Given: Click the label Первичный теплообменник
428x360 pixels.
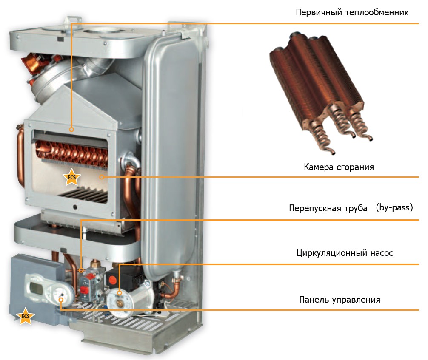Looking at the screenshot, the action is (x=352, y=13).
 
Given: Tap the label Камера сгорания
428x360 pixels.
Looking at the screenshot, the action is (x=339, y=167).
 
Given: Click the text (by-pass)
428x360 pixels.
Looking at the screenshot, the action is (x=394, y=208).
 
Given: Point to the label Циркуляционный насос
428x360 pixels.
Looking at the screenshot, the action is (x=345, y=253).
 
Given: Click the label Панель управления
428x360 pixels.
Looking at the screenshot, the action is (x=340, y=300).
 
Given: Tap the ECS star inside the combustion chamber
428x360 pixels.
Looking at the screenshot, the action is (x=71, y=177).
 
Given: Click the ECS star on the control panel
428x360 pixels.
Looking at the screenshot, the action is (x=25, y=316).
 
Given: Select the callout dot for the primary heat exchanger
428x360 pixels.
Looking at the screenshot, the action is (x=71, y=129).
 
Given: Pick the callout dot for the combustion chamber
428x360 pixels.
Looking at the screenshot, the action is (x=102, y=177).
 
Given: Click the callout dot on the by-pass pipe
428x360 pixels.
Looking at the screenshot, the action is (x=81, y=270).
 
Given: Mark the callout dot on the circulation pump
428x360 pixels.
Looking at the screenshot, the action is (x=119, y=293).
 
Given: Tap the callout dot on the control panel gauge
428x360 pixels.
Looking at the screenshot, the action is (x=61, y=300).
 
